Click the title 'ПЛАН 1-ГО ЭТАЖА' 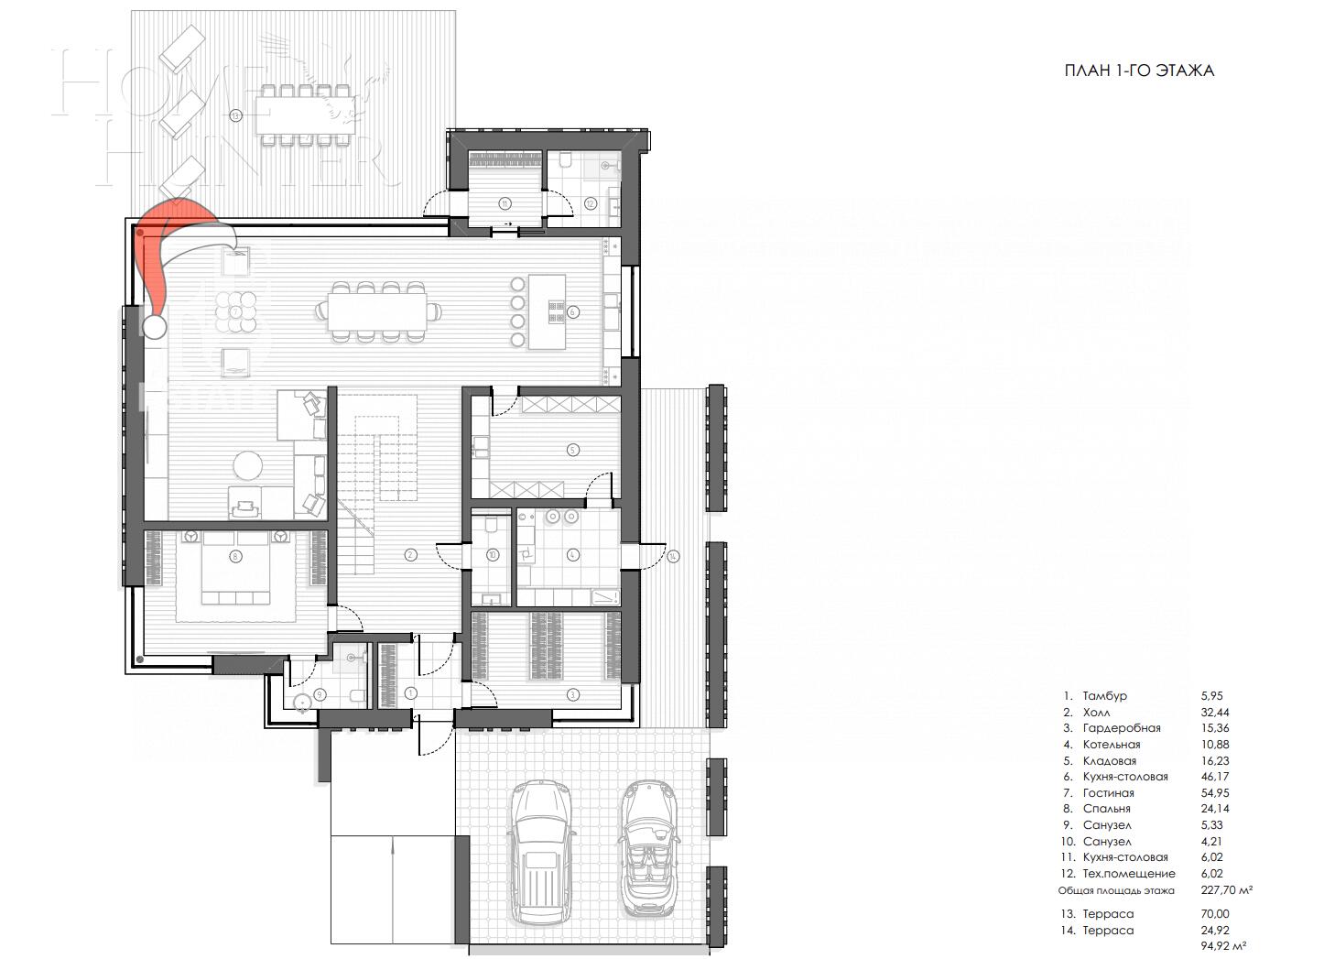click(x=1139, y=71)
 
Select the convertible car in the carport click(x=649, y=847)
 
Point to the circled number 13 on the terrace click(x=235, y=115)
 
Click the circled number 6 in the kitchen click(x=573, y=311)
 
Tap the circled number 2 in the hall click(x=410, y=554)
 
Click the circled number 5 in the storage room click(x=572, y=450)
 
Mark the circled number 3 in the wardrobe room click(x=572, y=693)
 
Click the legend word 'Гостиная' click(x=1108, y=793)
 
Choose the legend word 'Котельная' click(x=1111, y=745)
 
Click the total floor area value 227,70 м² click(x=1226, y=890)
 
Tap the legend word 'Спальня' click(x=1106, y=809)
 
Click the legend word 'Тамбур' click(x=1104, y=696)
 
